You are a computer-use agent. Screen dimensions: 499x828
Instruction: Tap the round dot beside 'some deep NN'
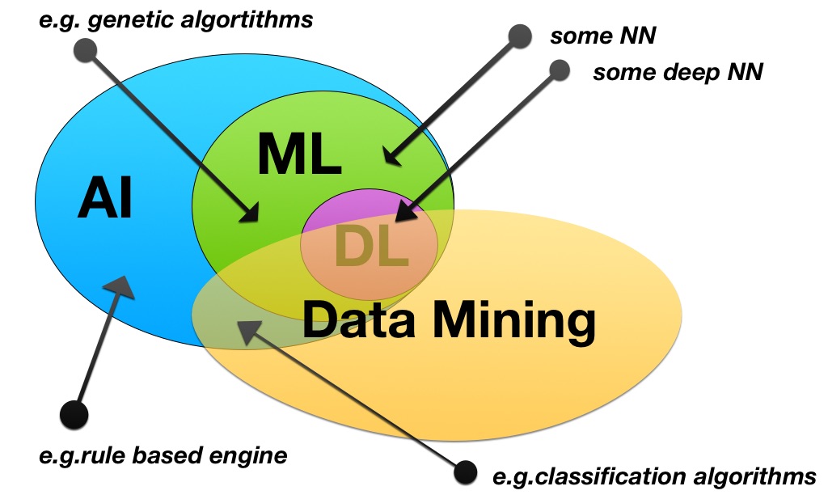coord(560,70)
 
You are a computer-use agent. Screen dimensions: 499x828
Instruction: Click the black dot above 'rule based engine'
coord(74,414)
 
